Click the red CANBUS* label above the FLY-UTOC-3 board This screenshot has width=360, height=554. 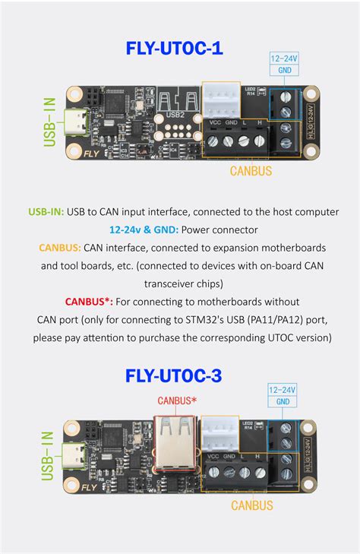pos(177,400)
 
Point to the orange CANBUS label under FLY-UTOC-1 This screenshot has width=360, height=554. pos(251,171)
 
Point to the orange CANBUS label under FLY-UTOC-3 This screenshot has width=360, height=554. pos(251,503)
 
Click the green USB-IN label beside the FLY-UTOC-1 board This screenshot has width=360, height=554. pos(50,121)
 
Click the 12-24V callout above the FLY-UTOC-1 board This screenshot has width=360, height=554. pos(285,58)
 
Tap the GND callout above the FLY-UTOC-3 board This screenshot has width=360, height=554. pos(283,401)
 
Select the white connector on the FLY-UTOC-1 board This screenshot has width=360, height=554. pos(220,99)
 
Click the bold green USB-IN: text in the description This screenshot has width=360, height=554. pos(45,211)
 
